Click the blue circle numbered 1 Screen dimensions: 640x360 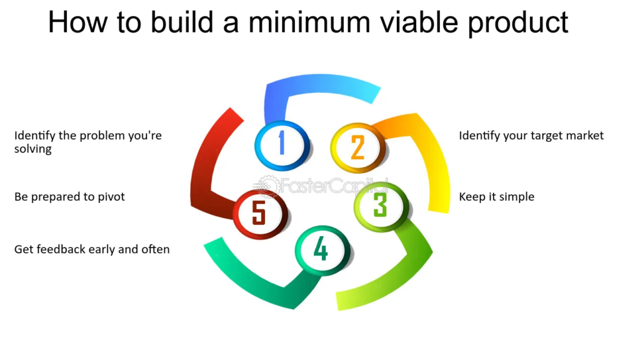(282, 145)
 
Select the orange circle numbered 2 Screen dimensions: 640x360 (357, 147)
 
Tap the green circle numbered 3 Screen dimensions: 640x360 (381, 206)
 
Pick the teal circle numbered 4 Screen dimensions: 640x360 (322, 250)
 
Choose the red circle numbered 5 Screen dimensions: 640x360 (259, 214)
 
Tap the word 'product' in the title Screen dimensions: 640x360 (518, 23)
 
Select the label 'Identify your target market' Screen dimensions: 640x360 (531, 136)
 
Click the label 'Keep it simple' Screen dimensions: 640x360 (497, 197)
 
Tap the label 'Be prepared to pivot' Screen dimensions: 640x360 (69, 197)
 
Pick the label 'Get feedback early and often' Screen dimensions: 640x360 (92, 249)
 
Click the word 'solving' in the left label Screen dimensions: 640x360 (33, 149)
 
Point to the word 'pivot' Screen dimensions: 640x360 (111, 197)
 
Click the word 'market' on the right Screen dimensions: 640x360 (584, 136)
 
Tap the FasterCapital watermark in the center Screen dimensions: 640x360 (321, 186)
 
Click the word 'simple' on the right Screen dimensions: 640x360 (517, 197)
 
